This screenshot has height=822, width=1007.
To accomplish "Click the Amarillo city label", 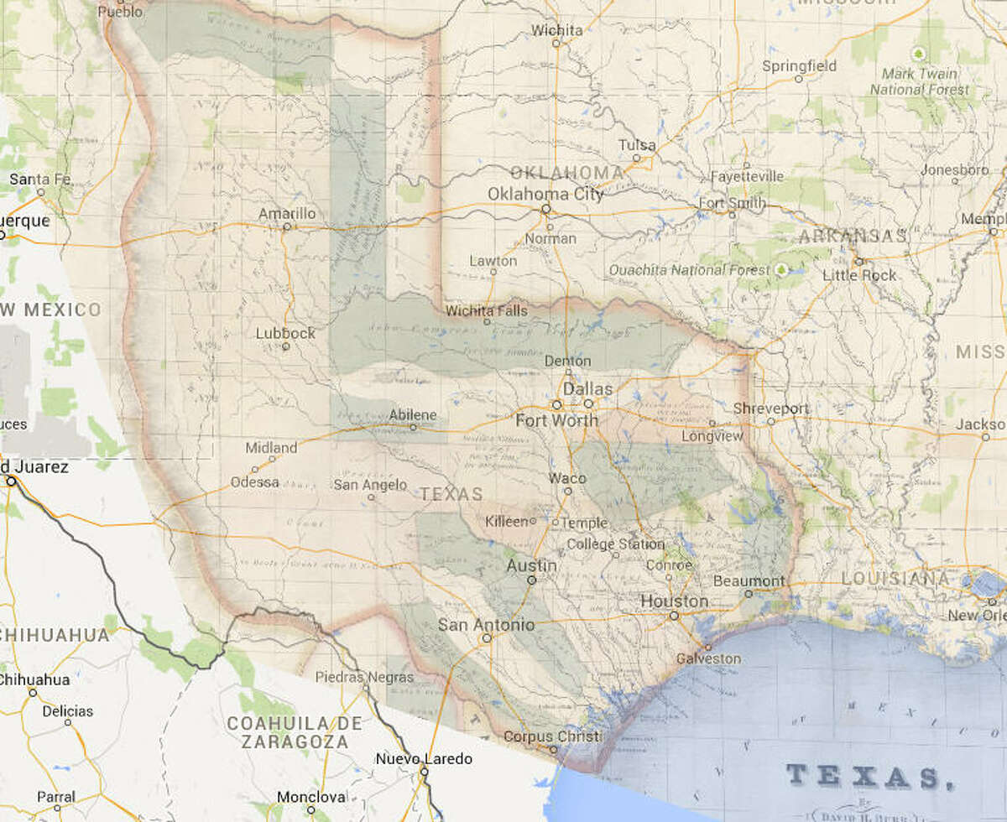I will (x=287, y=214).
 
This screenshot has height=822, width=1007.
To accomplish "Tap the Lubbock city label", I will (x=286, y=333).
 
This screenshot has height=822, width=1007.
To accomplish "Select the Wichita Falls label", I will (x=487, y=311).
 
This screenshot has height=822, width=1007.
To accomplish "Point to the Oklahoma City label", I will (x=545, y=194).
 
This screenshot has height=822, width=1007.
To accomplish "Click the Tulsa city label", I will (x=637, y=145).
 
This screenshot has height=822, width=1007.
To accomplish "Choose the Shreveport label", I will (x=770, y=408).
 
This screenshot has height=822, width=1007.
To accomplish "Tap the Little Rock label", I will (x=859, y=275).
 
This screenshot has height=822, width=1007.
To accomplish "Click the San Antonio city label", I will (x=486, y=625).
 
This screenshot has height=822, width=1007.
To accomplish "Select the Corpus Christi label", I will (x=552, y=736).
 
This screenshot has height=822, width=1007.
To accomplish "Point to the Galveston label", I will (x=709, y=658).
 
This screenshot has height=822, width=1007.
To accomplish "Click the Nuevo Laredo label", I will (x=419, y=760).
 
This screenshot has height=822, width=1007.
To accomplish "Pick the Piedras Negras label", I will (x=364, y=676).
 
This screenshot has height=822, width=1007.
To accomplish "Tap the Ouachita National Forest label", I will (x=688, y=270).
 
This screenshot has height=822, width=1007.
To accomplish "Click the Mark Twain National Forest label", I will (x=919, y=81).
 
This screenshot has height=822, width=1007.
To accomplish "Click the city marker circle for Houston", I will (x=673, y=616).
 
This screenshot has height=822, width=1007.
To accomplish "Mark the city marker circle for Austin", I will (x=531, y=580).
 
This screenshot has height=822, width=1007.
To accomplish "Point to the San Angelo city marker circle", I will (x=370, y=497).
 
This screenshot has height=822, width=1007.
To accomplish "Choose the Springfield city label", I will (x=799, y=65).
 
